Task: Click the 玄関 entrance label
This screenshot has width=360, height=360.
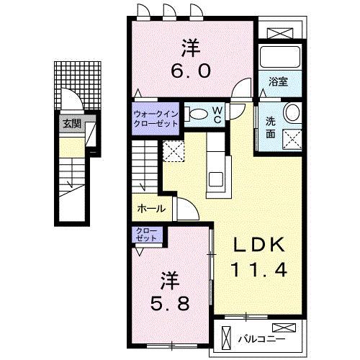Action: pyautogui.click(x=71, y=123)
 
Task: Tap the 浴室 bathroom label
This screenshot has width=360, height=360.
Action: pyautogui.click(x=279, y=81)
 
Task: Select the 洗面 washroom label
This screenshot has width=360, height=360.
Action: pyautogui.click(x=271, y=127)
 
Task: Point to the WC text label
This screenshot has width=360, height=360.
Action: pyautogui.click(x=216, y=114)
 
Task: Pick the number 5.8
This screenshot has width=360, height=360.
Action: pyautogui.click(x=170, y=302)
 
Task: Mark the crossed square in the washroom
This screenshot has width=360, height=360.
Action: pyautogui.click(x=292, y=137)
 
